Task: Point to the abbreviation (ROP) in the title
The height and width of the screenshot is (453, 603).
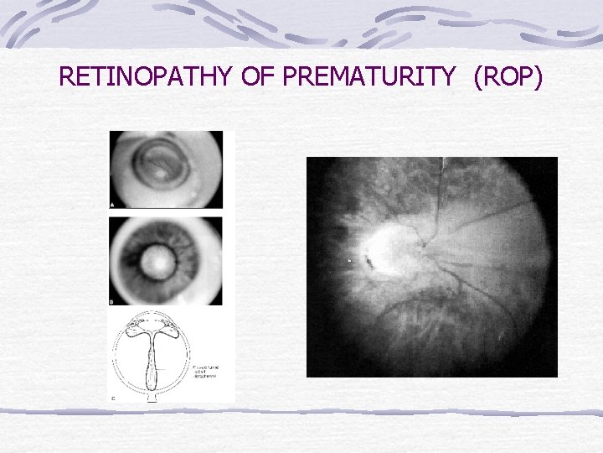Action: pyautogui.click(x=508, y=78)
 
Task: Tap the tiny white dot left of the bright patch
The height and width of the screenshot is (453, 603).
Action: pyautogui.click(x=349, y=262)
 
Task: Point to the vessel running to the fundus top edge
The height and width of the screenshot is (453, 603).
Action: pyautogui.click(x=443, y=168)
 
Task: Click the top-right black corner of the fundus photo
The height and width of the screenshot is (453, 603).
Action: pyautogui.click(x=549, y=164)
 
